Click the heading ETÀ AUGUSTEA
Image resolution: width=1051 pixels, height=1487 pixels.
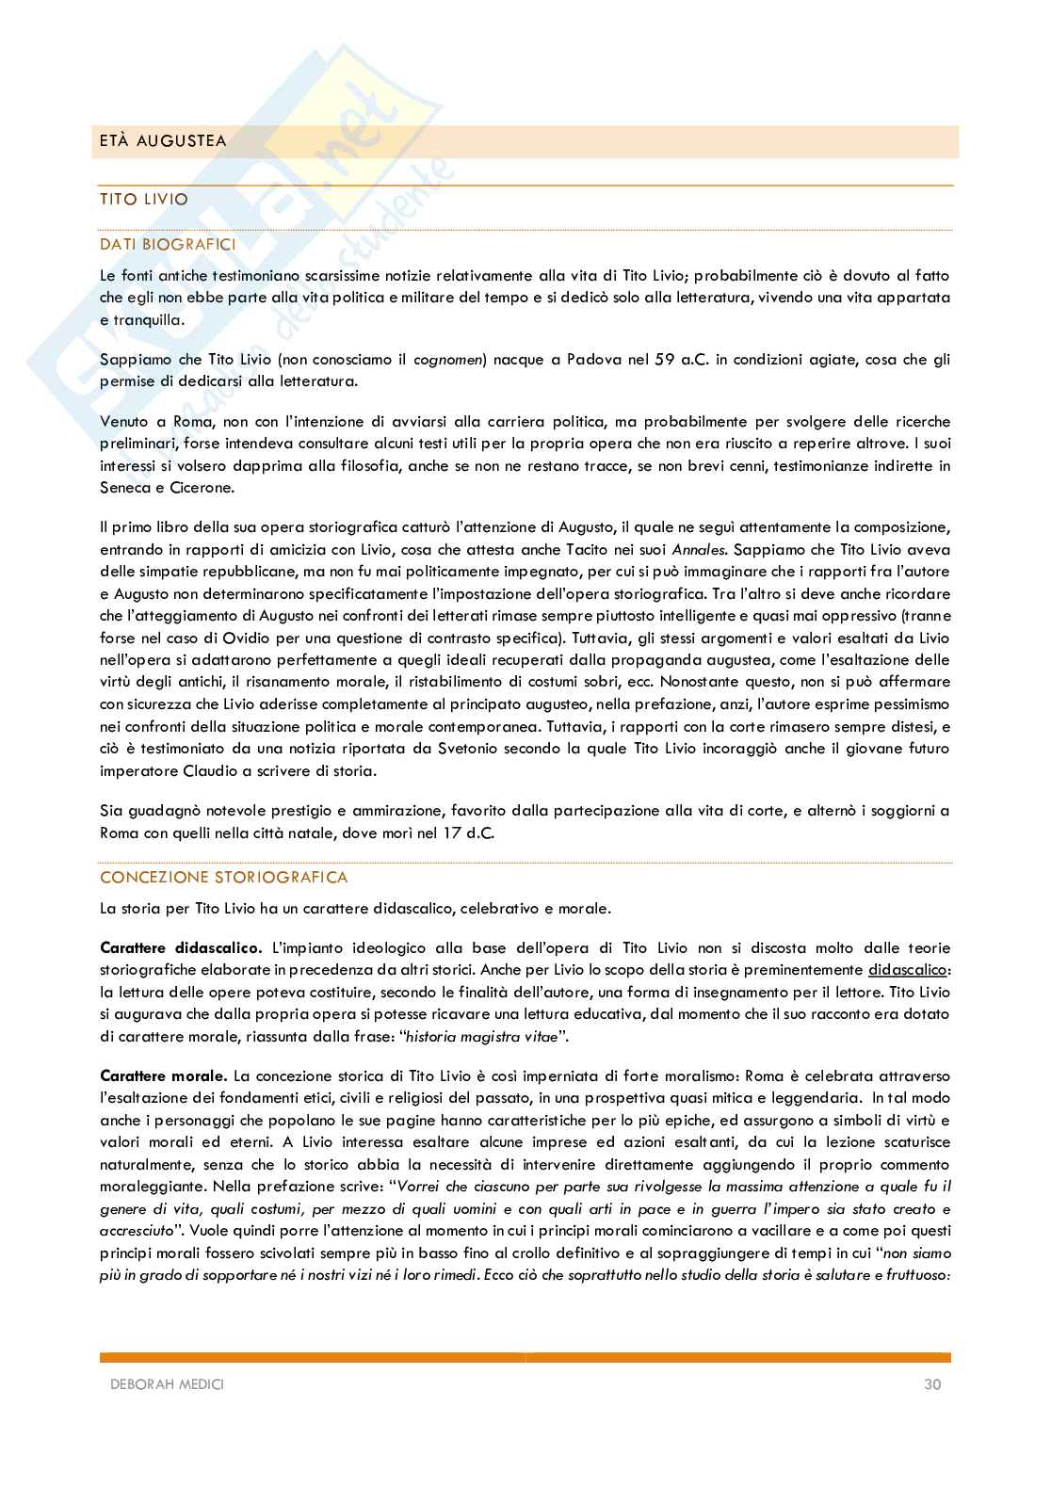pos(163,141)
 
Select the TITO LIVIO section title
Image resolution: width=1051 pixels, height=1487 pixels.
pos(144,200)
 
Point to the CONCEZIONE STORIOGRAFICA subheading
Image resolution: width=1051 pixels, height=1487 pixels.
pos(224,877)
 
